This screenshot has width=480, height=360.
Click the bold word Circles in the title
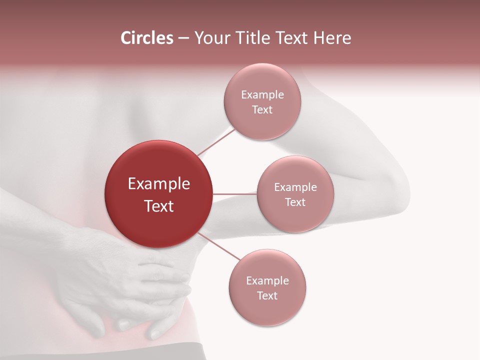[x=147, y=38]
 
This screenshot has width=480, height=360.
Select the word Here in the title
[x=332, y=38]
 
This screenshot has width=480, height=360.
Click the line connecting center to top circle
[x=216, y=141]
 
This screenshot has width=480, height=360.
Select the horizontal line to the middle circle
[x=234, y=194]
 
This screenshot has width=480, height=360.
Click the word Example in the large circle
[x=159, y=184]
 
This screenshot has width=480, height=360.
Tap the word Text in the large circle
[x=159, y=206]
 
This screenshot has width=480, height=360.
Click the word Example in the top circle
[x=262, y=95]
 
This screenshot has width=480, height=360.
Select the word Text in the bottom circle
[x=267, y=296]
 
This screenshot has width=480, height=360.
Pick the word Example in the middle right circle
[x=295, y=187]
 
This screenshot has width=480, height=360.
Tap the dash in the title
[x=183, y=38]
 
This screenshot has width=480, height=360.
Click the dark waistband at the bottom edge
[x=150, y=352]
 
